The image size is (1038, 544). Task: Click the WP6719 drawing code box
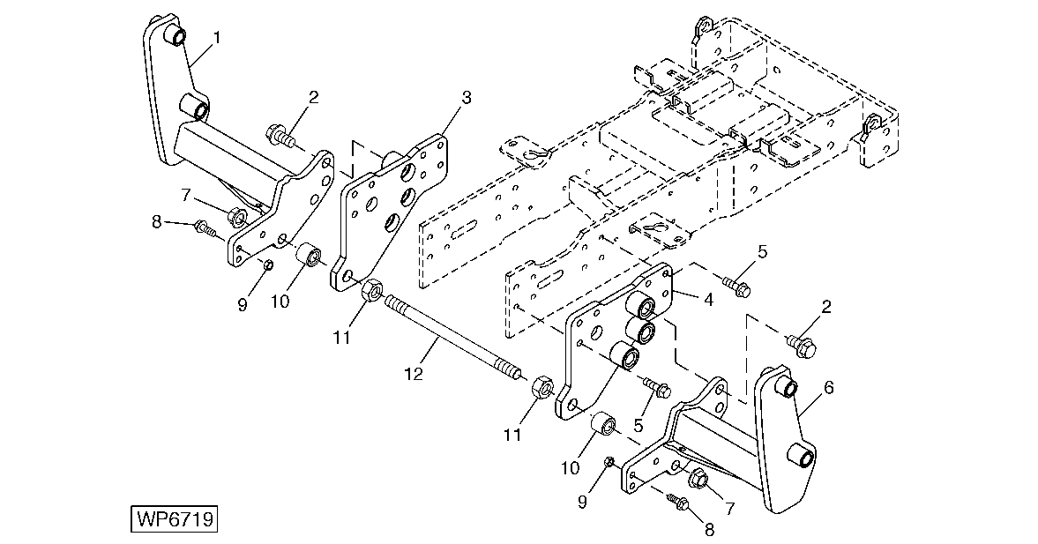(x=175, y=518)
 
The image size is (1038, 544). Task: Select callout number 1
(x=216, y=38)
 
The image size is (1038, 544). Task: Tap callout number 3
(x=466, y=99)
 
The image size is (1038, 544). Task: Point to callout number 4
(x=708, y=300)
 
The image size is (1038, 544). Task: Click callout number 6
(x=828, y=387)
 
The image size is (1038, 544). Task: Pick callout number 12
(x=414, y=375)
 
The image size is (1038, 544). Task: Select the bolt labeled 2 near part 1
(x=280, y=137)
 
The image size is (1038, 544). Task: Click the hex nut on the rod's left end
(x=370, y=290)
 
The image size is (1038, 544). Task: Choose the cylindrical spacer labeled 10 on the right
(x=604, y=423)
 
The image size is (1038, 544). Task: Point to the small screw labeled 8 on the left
(x=205, y=230)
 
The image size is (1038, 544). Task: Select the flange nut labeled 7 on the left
(x=237, y=216)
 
